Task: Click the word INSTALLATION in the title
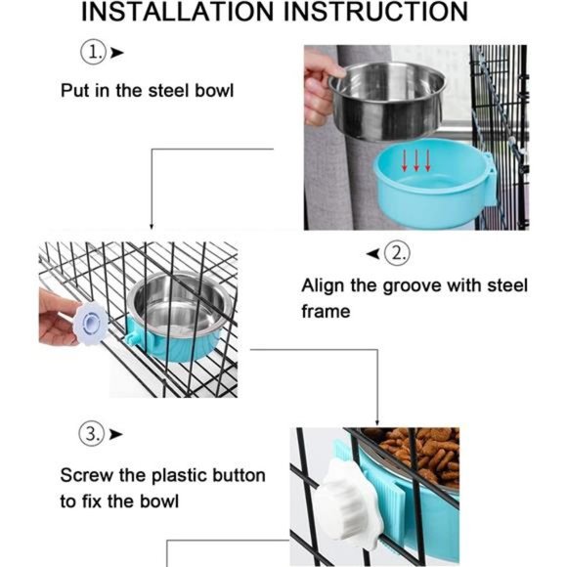pyautogui.click(x=177, y=12)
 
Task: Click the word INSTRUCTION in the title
pyautogui.click(x=375, y=12)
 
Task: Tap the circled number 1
pyautogui.click(x=93, y=53)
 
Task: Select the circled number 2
pyautogui.click(x=397, y=253)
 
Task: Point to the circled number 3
pyautogui.click(x=92, y=433)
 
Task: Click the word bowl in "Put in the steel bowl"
pyautogui.click(x=214, y=90)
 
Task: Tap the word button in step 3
pyautogui.click(x=240, y=475)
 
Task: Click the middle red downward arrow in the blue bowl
pyautogui.click(x=416, y=160)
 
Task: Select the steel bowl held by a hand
pyautogui.click(x=387, y=102)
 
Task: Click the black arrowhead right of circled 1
pyautogui.click(x=116, y=53)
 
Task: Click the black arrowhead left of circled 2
pyautogui.click(x=373, y=253)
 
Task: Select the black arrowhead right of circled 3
pyautogui.click(x=115, y=434)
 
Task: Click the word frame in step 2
pyautogui.click(x=326, y=312)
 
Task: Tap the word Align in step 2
pyautogui.click(x=323, y=286)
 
